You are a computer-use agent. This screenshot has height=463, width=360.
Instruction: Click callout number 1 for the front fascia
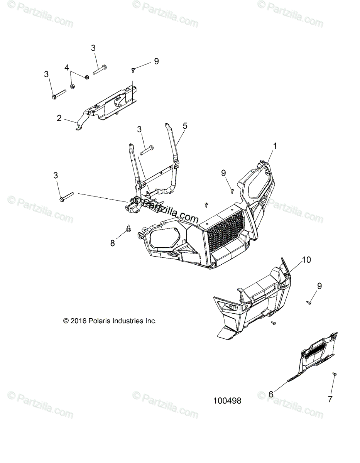[275, 146]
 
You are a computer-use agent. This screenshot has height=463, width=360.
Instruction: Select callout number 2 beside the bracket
[59, 118]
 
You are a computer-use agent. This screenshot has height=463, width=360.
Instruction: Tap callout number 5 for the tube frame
[185, 126]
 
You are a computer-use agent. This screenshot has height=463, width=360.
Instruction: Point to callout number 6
[270, 394]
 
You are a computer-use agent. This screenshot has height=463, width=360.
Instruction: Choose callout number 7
[330, 399]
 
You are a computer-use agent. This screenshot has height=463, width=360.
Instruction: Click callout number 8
[113, 243]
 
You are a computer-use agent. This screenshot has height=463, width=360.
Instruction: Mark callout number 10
[306, 260]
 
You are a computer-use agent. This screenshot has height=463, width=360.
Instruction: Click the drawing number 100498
[227, 401]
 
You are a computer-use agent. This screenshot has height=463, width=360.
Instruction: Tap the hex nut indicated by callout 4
[87, 77]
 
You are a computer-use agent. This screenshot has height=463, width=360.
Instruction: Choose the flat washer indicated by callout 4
[72, 85]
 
